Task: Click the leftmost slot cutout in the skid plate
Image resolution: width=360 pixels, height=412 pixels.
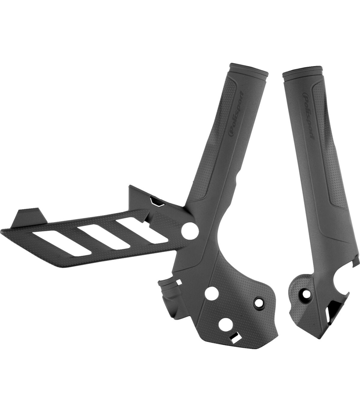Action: pyautogui.click(x=61, y=244)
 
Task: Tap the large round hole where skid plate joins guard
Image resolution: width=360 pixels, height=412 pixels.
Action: pyautogui.click(x=190, y=232)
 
